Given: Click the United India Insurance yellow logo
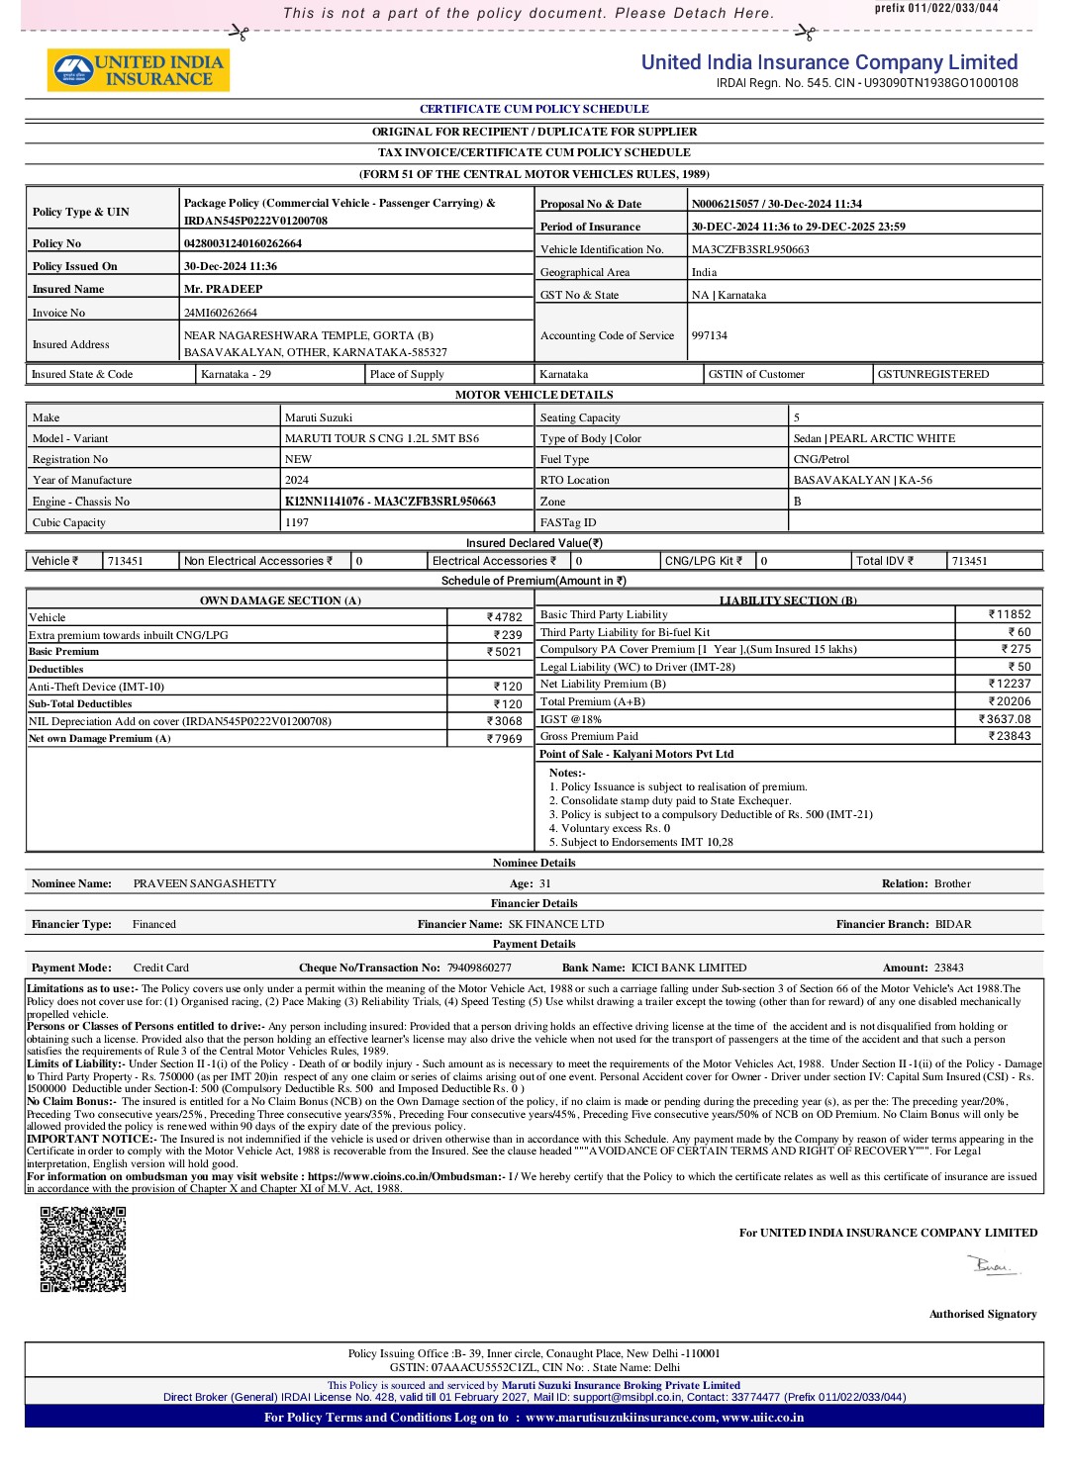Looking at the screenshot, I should point(139,70).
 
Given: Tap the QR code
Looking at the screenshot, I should point(83,1248).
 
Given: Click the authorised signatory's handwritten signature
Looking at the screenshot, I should point(993,1265).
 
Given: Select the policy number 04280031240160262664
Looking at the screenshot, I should point(243,243).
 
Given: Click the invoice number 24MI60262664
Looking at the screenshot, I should point(220,313).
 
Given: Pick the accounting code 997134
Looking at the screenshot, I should point(709,335).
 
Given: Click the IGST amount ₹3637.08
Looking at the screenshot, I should point(1005,719).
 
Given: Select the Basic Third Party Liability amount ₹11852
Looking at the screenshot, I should point(1009,614).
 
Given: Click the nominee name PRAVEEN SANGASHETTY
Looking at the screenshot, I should point(205,883).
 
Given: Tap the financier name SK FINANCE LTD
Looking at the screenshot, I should point(556,924).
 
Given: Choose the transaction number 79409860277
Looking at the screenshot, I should point(479,968).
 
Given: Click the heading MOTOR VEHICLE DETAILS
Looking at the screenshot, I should point(534,395).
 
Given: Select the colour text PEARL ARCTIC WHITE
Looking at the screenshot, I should point(892,438).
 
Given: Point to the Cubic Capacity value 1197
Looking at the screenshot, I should point(297,522).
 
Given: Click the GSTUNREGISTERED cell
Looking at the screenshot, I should point(932,374).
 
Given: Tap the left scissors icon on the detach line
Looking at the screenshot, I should point(238,32).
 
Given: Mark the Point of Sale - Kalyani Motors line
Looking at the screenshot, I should point(636,754).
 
